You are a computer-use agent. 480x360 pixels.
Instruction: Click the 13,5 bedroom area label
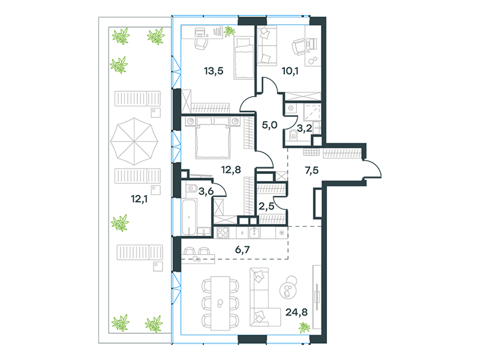(214, 71)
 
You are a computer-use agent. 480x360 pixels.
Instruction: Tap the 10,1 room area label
(290, 71)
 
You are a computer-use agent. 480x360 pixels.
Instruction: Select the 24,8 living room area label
(296, 312)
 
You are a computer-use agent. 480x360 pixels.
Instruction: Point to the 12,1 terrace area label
(139, 199)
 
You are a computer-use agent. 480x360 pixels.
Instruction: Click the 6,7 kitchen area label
(242, 250)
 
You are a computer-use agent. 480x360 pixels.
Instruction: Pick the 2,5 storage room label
(266, 206)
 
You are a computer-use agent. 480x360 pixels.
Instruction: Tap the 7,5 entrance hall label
(311, 170)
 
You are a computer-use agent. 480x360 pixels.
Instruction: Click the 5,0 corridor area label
(269, 125)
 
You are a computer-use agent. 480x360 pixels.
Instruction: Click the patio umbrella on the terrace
(134, 142)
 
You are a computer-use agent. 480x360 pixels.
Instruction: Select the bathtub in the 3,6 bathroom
(189, 217)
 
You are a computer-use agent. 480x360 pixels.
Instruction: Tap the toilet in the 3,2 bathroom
(293, 135)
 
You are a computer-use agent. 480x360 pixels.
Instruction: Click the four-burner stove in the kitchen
(223, 233)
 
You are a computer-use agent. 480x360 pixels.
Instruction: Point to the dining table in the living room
(220, 304)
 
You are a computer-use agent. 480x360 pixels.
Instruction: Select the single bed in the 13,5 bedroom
(244, 58)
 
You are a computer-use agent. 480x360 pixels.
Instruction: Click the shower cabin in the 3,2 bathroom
(312, 112)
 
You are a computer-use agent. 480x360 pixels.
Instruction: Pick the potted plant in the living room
(304, 328)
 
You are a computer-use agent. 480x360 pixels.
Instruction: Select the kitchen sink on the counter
(254, 233)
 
